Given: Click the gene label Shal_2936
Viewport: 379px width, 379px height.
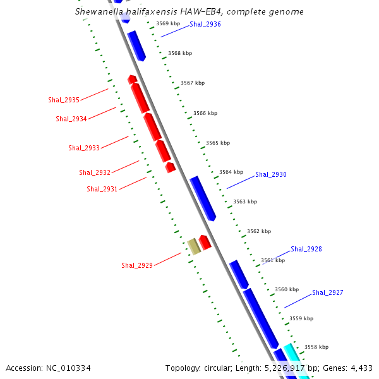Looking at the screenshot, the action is [205, 24].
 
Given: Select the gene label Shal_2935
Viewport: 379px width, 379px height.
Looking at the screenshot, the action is [64, 100].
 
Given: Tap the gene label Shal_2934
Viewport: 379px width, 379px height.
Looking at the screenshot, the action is [71, 119].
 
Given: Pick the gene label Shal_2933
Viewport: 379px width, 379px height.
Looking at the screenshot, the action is [84, 148].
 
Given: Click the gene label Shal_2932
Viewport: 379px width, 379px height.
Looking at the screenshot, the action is [95, 173].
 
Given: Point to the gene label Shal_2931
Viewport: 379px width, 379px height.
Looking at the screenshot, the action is [102, 189].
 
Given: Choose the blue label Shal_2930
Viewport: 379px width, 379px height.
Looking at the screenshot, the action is [271, 175].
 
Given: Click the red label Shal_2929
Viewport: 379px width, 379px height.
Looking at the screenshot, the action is [137, 266].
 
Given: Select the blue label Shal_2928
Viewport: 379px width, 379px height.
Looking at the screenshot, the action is [306, 250].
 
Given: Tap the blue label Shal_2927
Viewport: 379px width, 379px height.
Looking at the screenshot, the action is [328, 293].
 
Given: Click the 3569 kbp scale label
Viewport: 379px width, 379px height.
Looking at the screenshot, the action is [168, 24].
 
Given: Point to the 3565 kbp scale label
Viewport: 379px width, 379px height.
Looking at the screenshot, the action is [217, 143].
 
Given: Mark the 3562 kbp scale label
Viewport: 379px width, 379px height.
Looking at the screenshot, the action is [259, 232].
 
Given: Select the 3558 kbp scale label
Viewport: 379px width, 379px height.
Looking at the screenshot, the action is [316, 347].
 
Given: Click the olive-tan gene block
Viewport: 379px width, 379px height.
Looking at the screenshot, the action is [194, 246].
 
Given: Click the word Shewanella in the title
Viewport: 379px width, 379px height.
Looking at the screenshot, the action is [98, 12].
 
